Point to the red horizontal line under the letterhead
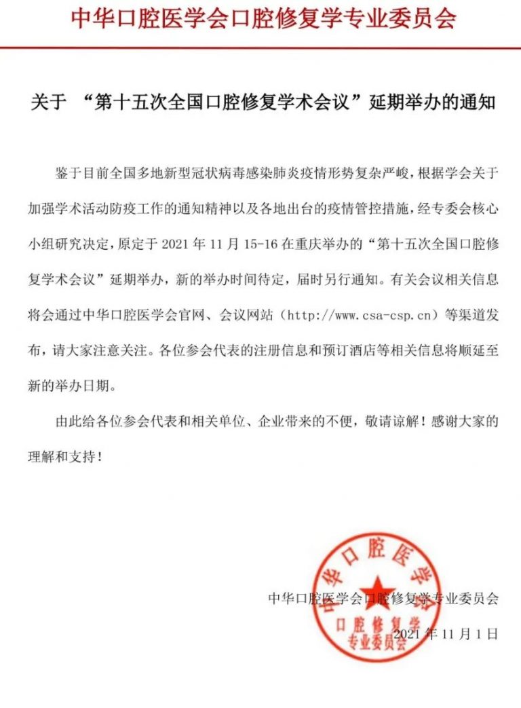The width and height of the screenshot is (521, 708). coord(260,47)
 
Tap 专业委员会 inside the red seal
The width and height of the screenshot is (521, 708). coord(375,641)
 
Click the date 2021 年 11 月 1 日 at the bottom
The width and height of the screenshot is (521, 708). coord(446,634)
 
